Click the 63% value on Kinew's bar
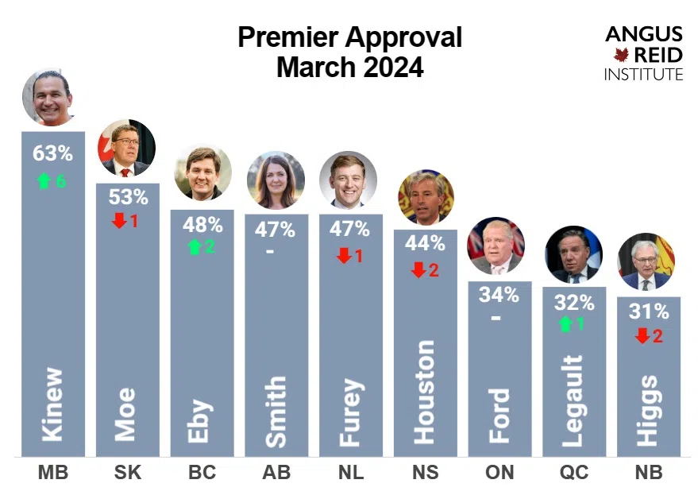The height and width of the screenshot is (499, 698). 52,153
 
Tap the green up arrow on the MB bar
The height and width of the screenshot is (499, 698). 44,181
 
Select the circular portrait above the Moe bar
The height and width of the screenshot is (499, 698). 126,148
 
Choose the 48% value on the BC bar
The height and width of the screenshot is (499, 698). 202,223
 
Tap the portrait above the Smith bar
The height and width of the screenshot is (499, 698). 276,180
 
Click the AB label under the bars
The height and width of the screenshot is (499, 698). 276,474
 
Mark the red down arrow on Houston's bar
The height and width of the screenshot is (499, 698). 418,270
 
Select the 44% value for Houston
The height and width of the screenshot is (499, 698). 425,245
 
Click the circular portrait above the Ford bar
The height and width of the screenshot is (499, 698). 496,246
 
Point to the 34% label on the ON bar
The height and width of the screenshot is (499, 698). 499,295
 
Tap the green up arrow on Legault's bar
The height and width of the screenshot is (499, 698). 565,324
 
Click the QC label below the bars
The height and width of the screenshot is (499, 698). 574,474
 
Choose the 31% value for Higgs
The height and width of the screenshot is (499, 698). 649,312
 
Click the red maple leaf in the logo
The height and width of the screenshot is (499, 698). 621,55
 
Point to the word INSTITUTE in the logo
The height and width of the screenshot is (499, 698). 642,75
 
